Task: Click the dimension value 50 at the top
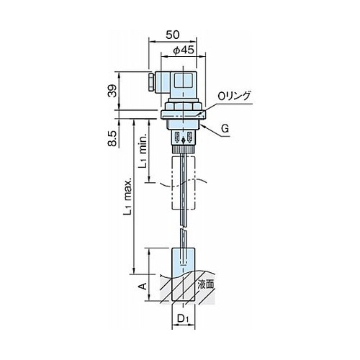pos(173,35)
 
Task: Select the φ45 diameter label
pos(184,50)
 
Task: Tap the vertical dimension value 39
pos(112,91)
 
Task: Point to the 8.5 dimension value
pos(112,138)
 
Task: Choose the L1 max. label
pos(127,197)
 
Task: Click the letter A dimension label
pos(143,286)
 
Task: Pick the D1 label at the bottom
pos(184,318)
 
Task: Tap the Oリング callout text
pos(234,96)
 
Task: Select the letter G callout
pos(225,129)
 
